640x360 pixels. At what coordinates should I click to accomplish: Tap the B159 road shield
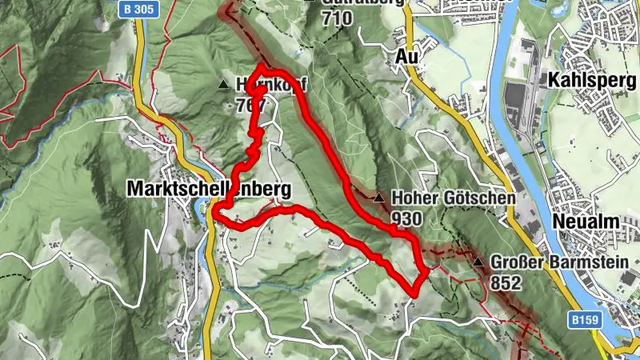coord(586,319)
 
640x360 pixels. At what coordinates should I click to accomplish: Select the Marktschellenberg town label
coord(206,189)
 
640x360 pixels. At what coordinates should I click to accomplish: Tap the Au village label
coord(407,56)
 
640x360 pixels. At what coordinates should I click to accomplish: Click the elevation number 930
coord(407,218)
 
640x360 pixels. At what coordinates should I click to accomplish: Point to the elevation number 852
coord(506,282)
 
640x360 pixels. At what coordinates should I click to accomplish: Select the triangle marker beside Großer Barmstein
coord(478,262)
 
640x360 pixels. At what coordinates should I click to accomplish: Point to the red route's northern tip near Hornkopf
coord(261,68)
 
